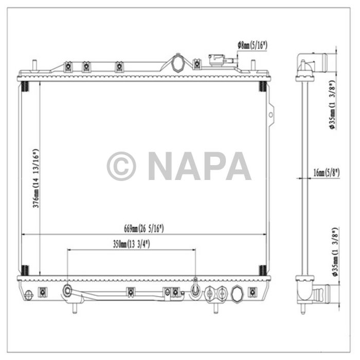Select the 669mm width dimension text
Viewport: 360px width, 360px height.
pyautogui.click(x=143, y=228)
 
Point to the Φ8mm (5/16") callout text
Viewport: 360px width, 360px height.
pyautogui.click(x=252, y=45)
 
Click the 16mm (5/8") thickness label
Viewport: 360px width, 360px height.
pyautogui.click(x=326, y=173)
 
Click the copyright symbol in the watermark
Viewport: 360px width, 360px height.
pyautogui.click(x=121, y=166)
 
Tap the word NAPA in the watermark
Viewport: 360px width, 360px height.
pyautogui.click(x=200, y=166)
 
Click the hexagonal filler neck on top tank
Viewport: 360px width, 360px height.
pyautogui.click(x=178, y=63)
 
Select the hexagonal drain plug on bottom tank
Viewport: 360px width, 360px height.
pyautogui.click(x=237, y=294)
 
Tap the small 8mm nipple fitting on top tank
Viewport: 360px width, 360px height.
pyautogui.click(x=220, y=61)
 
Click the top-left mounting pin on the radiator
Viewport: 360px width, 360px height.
pyautogui.click(x=35, y=65)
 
